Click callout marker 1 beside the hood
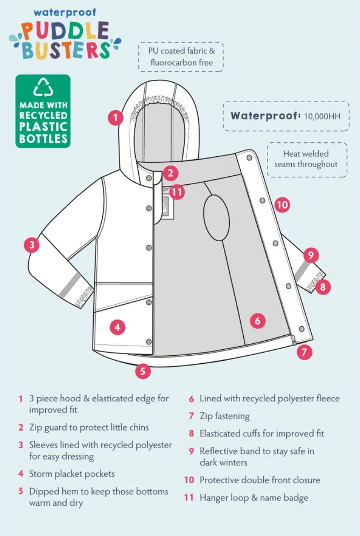pyautogui.click(x=116, y=118)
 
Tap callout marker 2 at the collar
pyautogui.click(x=171, y=173)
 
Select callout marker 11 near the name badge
pyautogui.click(x=177, y=192)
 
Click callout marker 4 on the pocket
pyautogui.click(x=118, y=327)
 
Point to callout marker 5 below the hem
pyautogui.click(x=142, y=371)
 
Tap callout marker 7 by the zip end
pyautogui.click(x=304, y=352)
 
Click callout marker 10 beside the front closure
pyautogui.click(x=282, y=205)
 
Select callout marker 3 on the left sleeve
pyautogui.click(x=32, y=245)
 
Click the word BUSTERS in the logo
pyautogui.click(x=66, y=50)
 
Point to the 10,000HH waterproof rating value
pyautogui.click(x=322, y=116)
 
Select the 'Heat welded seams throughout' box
pyautogui.click(x=306, y=159)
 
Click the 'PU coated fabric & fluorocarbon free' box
pyautogui.click(x=181, y=57)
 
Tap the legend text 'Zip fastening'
pyautogui.click(x=224, y=416)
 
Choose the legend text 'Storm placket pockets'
pyautogui.click(x=72, y=474)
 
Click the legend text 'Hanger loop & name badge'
pyautogui.click(x=254, y=498)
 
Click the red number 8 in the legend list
pyautogui.click(x=191, y=434)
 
